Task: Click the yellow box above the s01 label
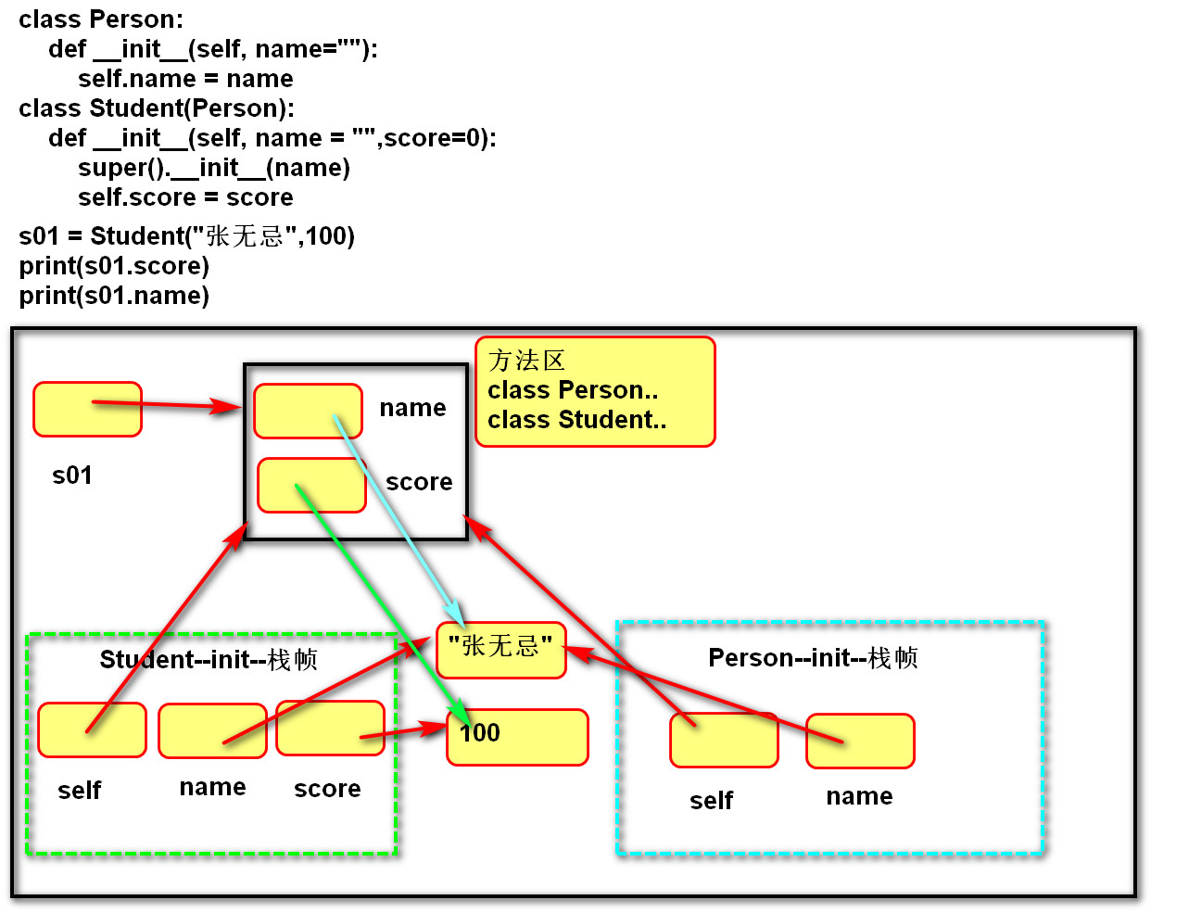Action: (87, 409)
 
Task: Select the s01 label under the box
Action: (72, 476)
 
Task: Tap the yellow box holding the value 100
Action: (517, 737)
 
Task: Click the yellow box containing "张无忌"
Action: (500, 650)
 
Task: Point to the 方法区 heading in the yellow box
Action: (526, 360)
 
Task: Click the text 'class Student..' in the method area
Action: (576, 420)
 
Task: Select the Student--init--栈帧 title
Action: (209, 659)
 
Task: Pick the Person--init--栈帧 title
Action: (813, 657)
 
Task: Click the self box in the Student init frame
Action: (92, 729)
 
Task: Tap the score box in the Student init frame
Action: (330, 728)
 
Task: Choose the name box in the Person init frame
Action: (860, 741)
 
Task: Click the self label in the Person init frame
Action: (711, 800)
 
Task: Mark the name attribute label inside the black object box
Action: (412, 408)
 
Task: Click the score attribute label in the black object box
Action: (419, 482)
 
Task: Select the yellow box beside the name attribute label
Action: (308, 411)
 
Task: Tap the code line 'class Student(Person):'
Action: (157, 108)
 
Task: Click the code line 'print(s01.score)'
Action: (114, 266)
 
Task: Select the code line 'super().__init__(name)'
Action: (214, 168)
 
